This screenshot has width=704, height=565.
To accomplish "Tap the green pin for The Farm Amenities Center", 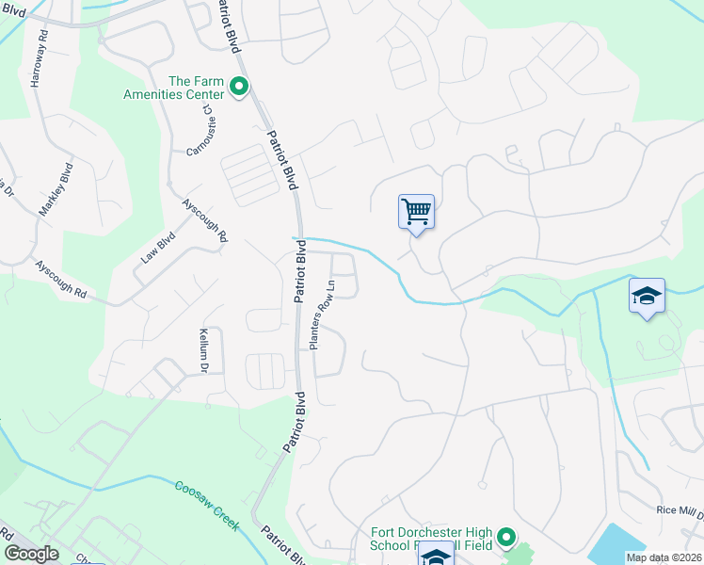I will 239,89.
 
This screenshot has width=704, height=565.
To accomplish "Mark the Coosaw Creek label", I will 206,505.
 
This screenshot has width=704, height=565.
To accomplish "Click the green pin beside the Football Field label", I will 506,538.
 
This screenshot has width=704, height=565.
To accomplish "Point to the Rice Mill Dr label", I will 680,511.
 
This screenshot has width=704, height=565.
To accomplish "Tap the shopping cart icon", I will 416,211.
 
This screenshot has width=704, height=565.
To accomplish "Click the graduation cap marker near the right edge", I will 647,297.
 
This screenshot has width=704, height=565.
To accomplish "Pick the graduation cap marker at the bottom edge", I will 436,555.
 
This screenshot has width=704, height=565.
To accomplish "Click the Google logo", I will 31,554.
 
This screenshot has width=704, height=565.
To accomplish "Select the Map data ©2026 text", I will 663,557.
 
